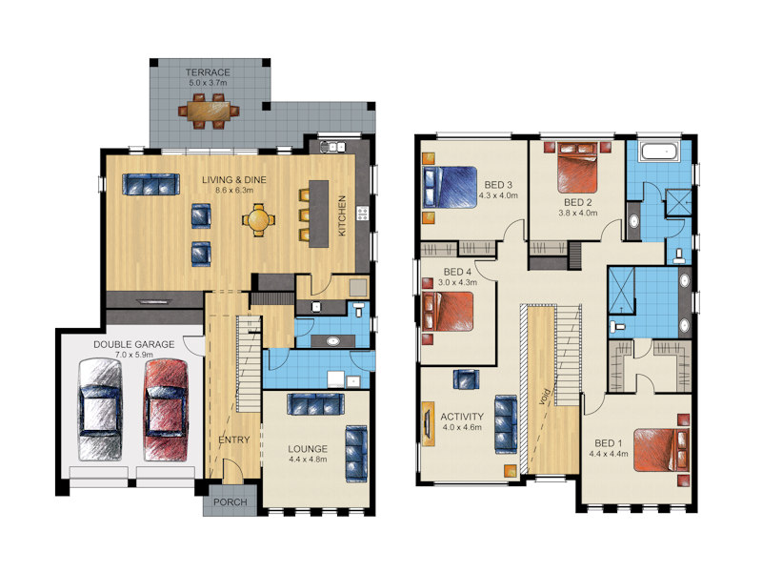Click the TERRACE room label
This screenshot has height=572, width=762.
click(208, 72)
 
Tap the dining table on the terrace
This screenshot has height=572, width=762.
click(209, 112)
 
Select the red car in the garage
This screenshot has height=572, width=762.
click(166, 410)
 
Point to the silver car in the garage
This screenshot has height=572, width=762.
click(101, 410)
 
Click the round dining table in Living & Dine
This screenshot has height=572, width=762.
click(258, 220)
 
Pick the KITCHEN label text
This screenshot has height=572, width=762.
click(342, 216)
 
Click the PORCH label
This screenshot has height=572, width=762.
click(231, 502)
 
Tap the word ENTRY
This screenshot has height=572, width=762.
click(234, 439)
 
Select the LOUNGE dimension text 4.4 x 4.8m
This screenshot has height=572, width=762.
click(308, 459)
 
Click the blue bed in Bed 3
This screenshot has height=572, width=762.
click(450, 187)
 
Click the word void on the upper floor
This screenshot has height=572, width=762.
click(545, 396)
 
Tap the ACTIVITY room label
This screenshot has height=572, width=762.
click(462, 417)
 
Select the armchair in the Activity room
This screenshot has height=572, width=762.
click(466, 378)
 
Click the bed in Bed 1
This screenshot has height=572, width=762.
click(661, 450)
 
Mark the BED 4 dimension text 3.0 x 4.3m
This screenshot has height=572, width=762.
click(457, 282)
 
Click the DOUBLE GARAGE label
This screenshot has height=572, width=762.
click(133, 344)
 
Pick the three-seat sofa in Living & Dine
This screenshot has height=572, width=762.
click(151, 184)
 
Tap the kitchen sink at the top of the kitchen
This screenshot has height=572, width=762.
click(332, 146)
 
